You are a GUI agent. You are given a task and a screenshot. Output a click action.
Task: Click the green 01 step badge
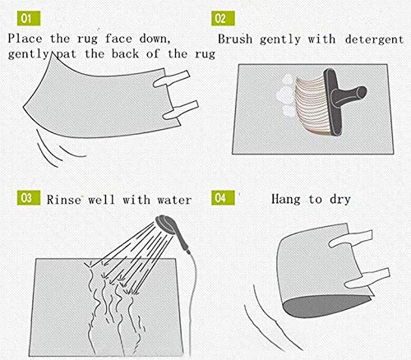[x=29, y=19]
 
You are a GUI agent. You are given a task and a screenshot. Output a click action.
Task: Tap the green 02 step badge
[x=223, y=19]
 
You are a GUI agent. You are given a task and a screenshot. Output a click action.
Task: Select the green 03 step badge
[x=29, y=197]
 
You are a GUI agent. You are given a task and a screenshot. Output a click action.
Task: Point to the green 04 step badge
[x=223, y=197]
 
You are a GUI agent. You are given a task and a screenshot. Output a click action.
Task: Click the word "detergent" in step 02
[x=374, y=39]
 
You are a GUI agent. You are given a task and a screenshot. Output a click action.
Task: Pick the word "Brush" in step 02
[x=235, y=39]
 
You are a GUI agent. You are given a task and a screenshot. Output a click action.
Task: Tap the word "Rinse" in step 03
[x=64, y=200]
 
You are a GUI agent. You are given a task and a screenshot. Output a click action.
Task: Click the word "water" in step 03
[x=174, y=200]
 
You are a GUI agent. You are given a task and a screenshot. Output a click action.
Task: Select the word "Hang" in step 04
[x=286, y=199]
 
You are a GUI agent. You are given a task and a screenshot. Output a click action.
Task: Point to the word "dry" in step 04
[x=340, y=200]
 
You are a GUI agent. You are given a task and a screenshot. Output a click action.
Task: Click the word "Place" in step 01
[x=25, y=38]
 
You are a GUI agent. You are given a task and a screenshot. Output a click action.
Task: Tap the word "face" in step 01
[x=118, y=38]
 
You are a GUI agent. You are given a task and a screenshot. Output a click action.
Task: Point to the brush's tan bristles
[x=312, y=105]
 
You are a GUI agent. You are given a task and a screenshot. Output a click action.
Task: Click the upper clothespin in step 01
[x=171, y=79]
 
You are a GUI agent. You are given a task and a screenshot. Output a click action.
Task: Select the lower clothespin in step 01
[x=180, y=110]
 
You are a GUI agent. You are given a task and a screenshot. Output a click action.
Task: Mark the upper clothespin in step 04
[x=351, y=238]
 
